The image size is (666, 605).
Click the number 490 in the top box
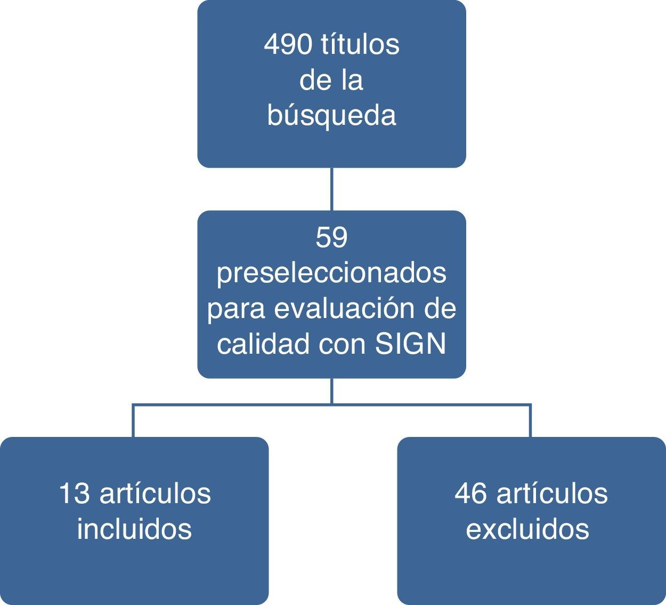coord(288,44)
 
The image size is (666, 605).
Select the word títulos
coord(360,44)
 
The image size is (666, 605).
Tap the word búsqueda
coord(331,115)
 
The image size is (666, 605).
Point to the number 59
coord(331,237)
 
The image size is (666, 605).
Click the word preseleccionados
coord(331,273)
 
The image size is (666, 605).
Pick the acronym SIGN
coord(410,344)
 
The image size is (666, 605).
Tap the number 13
coord(74,493)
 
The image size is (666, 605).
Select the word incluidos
coord(134,529)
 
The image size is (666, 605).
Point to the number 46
coord(471,493)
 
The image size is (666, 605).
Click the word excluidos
coord(527,529)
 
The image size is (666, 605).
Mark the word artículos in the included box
coord(155,493)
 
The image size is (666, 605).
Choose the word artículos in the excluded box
coord(552,493)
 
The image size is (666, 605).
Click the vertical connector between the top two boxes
coord(331,189)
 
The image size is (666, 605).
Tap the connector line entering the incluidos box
coord(133,421)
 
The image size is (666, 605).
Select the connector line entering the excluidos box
coord(530,421)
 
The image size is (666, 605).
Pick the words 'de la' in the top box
coord(331,80)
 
